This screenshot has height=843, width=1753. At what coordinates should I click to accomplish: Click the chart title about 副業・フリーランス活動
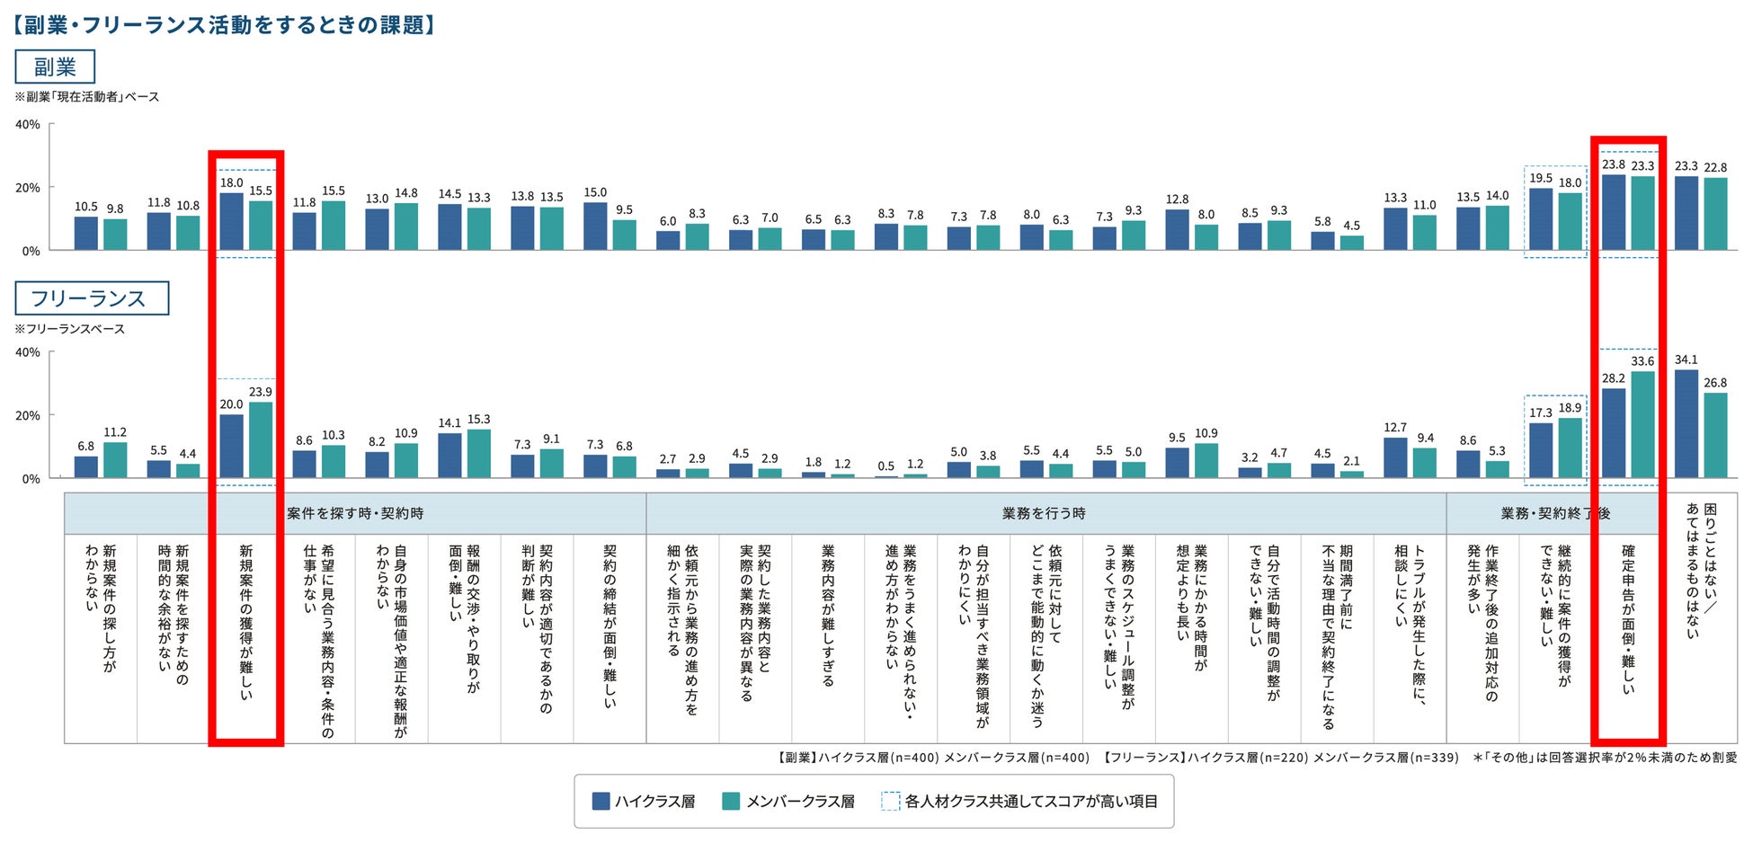(225, 24)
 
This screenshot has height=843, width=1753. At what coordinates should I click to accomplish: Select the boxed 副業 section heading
(55, 67)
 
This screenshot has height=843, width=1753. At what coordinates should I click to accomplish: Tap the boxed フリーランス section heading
(91, 298)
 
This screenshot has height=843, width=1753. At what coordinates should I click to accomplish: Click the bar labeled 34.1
(1686, 423)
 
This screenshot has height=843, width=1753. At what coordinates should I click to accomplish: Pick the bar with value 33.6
(1642, 424)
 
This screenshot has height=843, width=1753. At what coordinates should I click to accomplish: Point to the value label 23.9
(261, 392)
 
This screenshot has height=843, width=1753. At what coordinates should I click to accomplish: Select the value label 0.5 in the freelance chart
(886, 466)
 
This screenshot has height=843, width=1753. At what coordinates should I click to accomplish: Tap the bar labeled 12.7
(1395, 457)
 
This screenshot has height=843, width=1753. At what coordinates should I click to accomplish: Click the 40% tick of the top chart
(28, 124)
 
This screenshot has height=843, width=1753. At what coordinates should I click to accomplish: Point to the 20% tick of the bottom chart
(28, 415)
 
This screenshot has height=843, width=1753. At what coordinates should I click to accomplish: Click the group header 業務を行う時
(1044, 513)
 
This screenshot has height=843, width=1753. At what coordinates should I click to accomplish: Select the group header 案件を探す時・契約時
(355, 513)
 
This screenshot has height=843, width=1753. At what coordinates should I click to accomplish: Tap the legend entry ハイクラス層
(645, 801)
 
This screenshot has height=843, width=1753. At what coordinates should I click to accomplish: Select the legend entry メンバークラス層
(789, 801)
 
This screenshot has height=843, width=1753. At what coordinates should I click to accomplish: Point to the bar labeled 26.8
(1715, 435)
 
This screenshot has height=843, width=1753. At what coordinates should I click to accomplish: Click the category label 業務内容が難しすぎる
(828, 615)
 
